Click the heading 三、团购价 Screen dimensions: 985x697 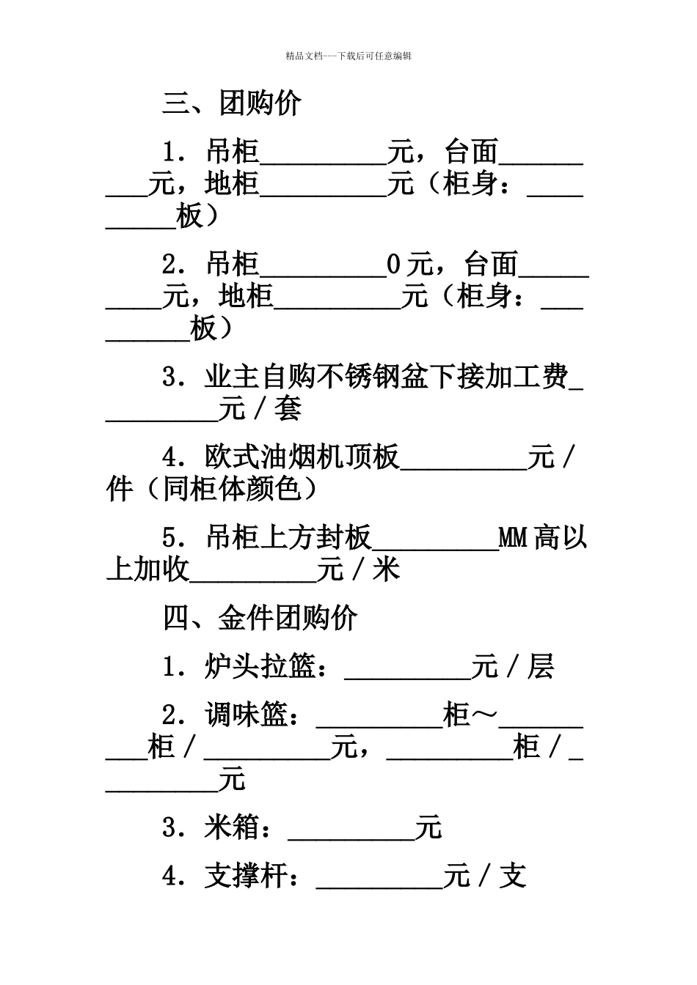coord(231,103)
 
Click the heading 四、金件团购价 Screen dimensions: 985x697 coord(260,618)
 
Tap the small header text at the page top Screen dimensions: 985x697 coord(348,56)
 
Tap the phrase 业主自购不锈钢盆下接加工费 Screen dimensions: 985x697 coord(386,377)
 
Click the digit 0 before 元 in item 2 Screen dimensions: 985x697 coord(394,264)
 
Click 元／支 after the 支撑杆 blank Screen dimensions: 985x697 coord(485,876)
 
